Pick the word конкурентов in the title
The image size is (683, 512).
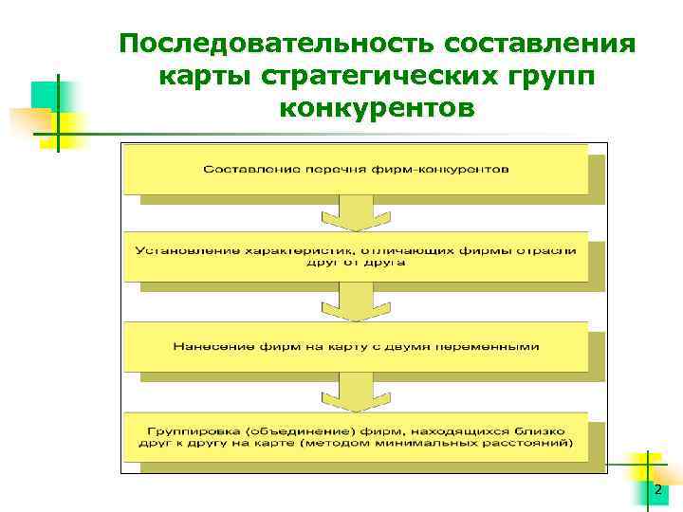pos(377,109)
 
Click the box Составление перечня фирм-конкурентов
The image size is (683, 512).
pos(356,169)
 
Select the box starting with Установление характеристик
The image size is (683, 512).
pos(356,255)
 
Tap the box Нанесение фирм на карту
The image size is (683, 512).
pos(356,346)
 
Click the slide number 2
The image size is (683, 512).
pos(658,489)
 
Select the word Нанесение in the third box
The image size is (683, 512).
pos(205,346)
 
